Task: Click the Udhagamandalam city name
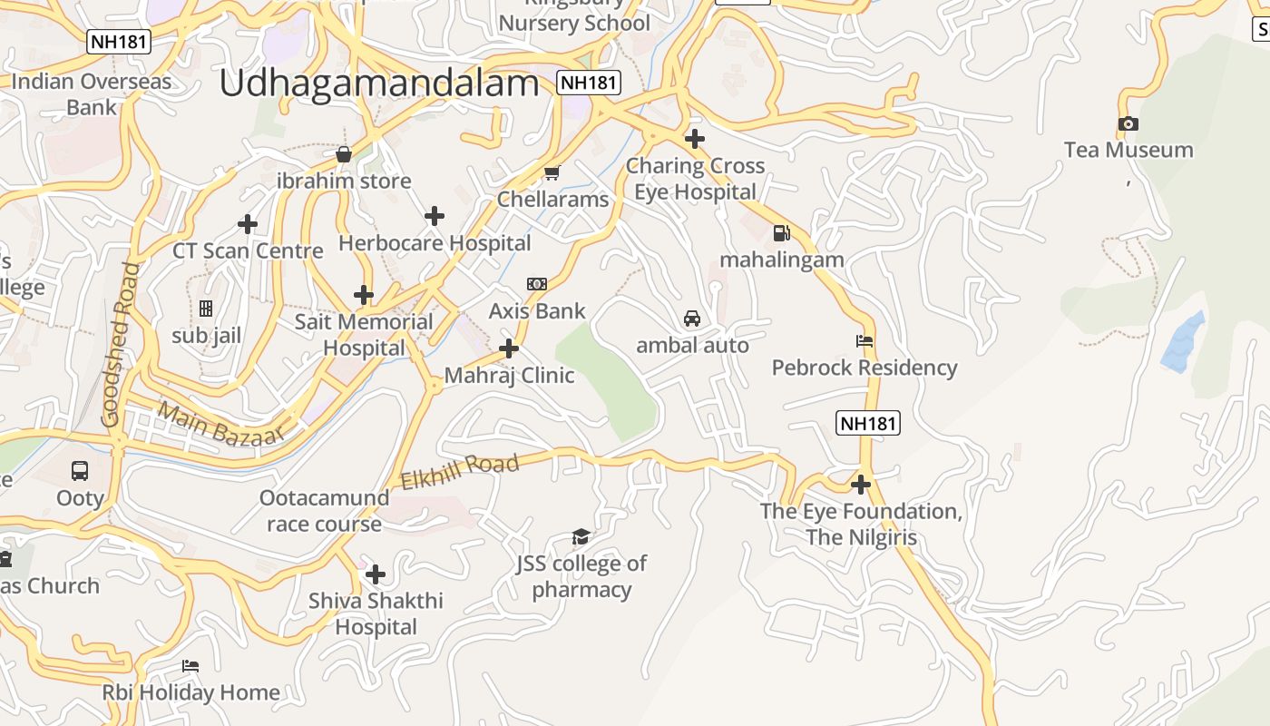[379, 83]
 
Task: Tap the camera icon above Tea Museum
[1128, 124]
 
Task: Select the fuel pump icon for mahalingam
[781, 233]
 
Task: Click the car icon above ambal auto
[692, 319]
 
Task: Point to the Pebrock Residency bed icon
[865, 341]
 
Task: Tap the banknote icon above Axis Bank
[537, 284]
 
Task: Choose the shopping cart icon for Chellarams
[552, 172]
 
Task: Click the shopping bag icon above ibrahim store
[344, 154]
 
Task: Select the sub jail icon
[206, 309]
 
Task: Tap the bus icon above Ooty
[80, 471]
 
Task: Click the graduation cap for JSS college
[581, 537]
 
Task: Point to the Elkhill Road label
[460, 472]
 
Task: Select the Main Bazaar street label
[220, 424]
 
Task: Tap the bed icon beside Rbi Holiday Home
[190, 666]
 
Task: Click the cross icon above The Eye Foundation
[861, 485]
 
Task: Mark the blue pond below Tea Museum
[1184, 342]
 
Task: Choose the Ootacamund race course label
[324, 511]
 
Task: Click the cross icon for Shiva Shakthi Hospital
[376, 574]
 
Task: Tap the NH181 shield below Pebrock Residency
[868, 423]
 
